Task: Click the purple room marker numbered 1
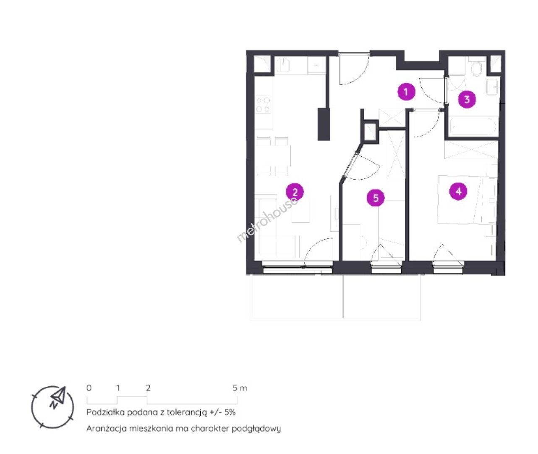(406, 92)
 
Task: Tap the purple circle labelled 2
(295, 192)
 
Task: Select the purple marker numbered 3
(467, 99)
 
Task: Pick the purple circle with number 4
(458, 192)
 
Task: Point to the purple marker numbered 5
(376, 198)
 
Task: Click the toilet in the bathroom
(476, 68)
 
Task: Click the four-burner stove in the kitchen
(263, 105)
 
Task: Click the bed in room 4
(467, 200)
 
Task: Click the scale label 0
(89, 388)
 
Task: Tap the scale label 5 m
(240, 388)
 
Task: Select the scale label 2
(148, 388)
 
